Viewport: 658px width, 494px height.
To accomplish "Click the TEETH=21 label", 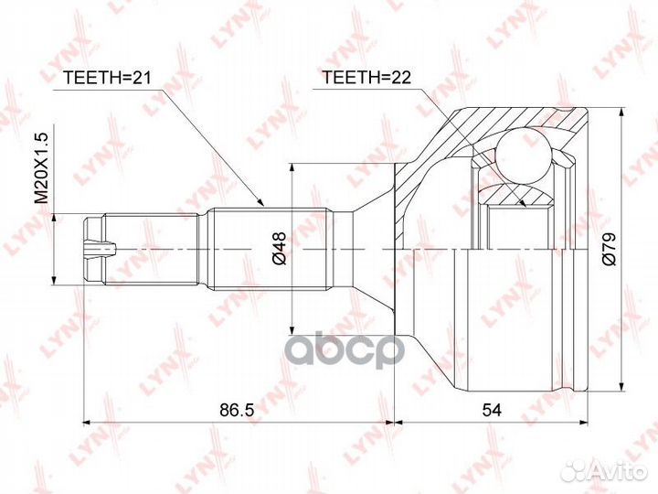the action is [107, 78].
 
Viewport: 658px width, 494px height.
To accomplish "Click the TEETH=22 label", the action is [366, 77].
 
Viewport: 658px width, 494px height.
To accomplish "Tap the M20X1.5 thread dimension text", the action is [41, 167].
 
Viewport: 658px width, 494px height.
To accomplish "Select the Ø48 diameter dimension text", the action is [279, 248].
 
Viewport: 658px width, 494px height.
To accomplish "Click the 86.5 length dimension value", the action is [237, 410].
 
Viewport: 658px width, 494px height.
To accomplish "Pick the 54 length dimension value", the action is [492, 410].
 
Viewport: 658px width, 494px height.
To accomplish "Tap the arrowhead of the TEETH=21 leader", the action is [260, 202].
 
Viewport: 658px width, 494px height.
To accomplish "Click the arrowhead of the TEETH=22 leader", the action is [522, 203].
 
